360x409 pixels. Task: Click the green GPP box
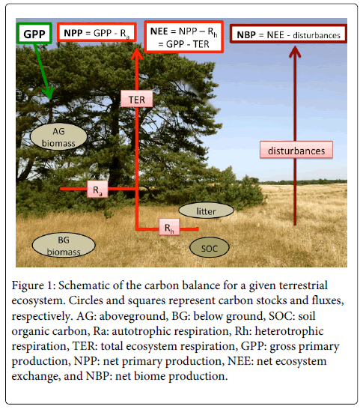click(34, 33)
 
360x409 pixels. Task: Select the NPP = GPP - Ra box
click(97, 32)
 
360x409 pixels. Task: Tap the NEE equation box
click(184, 37)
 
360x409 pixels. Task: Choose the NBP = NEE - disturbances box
click(288, 34)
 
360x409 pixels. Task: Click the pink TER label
click(137, 99)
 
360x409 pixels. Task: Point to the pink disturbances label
click(296, 150)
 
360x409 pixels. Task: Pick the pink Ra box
click(97, 189)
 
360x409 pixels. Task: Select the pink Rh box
click(169, 227)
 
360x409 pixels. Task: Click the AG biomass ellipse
click(58, 136)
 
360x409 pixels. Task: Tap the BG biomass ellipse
click(64, 245)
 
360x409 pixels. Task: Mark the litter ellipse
click(206, 210)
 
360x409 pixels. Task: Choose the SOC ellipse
click(210, 247)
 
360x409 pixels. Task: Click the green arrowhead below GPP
click(49, 93)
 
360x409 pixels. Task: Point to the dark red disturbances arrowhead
click(295, 52)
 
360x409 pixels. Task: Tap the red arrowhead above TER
click(137, 54)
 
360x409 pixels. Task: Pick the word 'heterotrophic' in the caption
click(290, 331)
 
